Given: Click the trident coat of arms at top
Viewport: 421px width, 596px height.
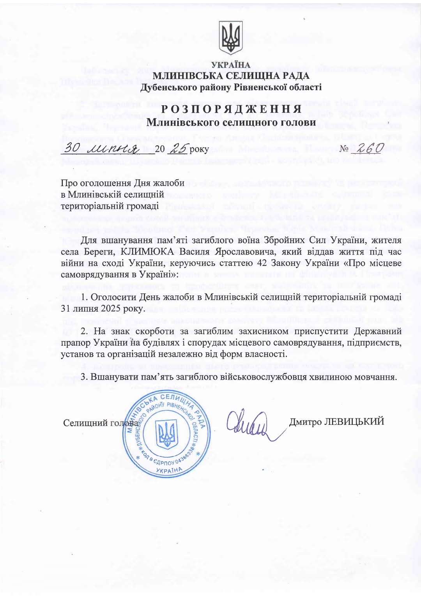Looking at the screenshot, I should pos(231,37).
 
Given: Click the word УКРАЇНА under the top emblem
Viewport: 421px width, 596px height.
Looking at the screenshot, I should pos(231,65).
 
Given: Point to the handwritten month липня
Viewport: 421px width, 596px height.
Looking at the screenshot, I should pos(113,148).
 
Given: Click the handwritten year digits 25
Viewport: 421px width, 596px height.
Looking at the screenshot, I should pos(178,148).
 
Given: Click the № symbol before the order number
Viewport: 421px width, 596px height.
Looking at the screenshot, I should pos(344,149).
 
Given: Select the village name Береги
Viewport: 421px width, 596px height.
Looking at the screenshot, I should pos(94,252).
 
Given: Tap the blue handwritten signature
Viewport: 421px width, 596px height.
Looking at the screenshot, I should pos(249,424).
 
